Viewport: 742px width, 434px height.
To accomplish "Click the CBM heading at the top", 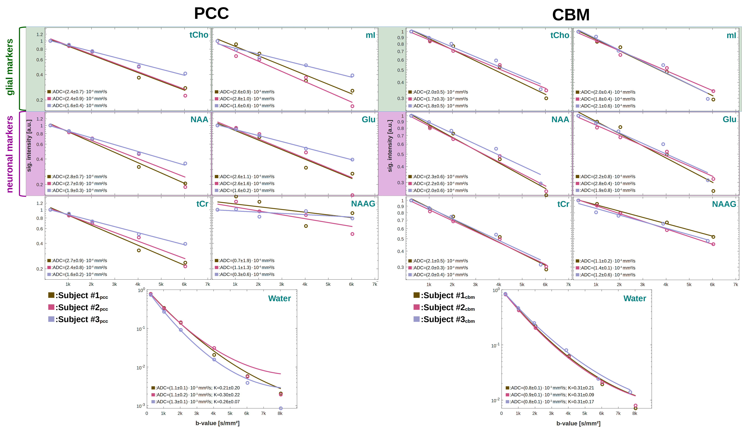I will point(571,15).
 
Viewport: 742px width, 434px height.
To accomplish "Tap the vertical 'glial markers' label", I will point(10,67).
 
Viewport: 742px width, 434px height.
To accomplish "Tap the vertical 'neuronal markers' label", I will point(10,154).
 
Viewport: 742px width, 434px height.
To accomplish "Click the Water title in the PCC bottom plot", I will point(279,299).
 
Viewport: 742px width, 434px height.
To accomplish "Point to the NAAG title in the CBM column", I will point(724,204).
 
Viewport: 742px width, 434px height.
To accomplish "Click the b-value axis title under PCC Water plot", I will point(217,423).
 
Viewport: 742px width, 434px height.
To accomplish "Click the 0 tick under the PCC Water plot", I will point(147,413).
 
